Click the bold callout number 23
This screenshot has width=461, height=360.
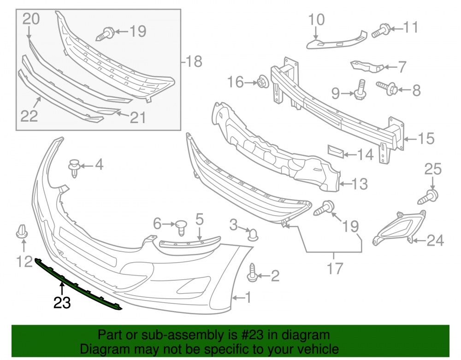click(x=62, y=302)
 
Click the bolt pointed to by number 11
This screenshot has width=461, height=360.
click(x=381, y=31)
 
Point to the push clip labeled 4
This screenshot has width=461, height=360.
click(x=75, y=168)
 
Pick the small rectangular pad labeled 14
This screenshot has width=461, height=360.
click(x=336, y=151)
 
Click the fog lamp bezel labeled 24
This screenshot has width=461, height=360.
click(x=399, y=228)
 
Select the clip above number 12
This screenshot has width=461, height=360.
click(x=22, y=231)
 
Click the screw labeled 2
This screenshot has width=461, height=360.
click(x=253, y=273)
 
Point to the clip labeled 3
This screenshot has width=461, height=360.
click(x=253, y=235)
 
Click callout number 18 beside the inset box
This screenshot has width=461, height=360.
click(x=194, y=61)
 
